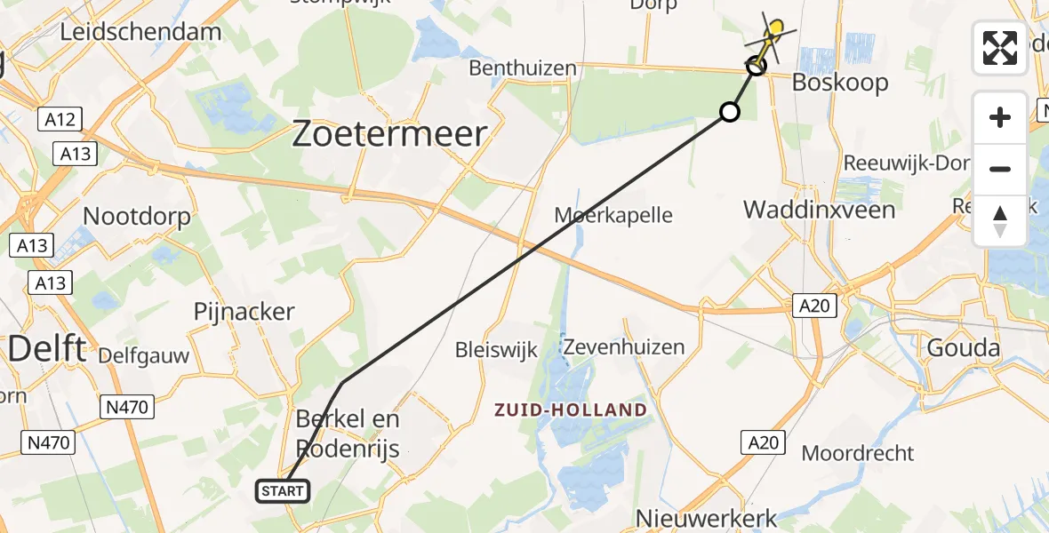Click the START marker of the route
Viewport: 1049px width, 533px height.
pyautogui.click(x=283, y=490)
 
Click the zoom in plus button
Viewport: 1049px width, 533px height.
pyautogui.click(x=1000, y=118)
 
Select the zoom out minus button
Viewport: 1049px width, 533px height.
pyautogui.click(x=1000, y=169)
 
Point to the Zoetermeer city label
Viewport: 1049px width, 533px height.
pyautogui.click(x=390, y=134)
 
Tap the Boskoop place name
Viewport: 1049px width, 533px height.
pyautogui.click(x=840, y=83)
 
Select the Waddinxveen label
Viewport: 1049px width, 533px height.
pyautogui.click(x=819, y=210)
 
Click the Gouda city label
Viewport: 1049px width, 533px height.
pyautogui.click(x=964, y=347)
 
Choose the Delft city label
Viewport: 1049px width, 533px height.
pyautogui.click(x=47, y=347)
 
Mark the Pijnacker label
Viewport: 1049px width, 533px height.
pyautogui.click(x=244, y=312)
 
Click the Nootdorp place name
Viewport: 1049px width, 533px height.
pyautogui.click(x=136, y=216)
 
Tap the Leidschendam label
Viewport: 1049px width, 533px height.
pyautogui.click(x=140, y=33)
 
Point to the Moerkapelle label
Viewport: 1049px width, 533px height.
pyautogui.click(x=613, y=215)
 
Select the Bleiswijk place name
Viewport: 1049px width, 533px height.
pyautogui.click(x=496, y=349)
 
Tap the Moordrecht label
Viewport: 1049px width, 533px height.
pyautogui.click(x=858, y=453)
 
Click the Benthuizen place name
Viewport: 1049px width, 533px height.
pyautogui.click(x=523, y=68)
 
